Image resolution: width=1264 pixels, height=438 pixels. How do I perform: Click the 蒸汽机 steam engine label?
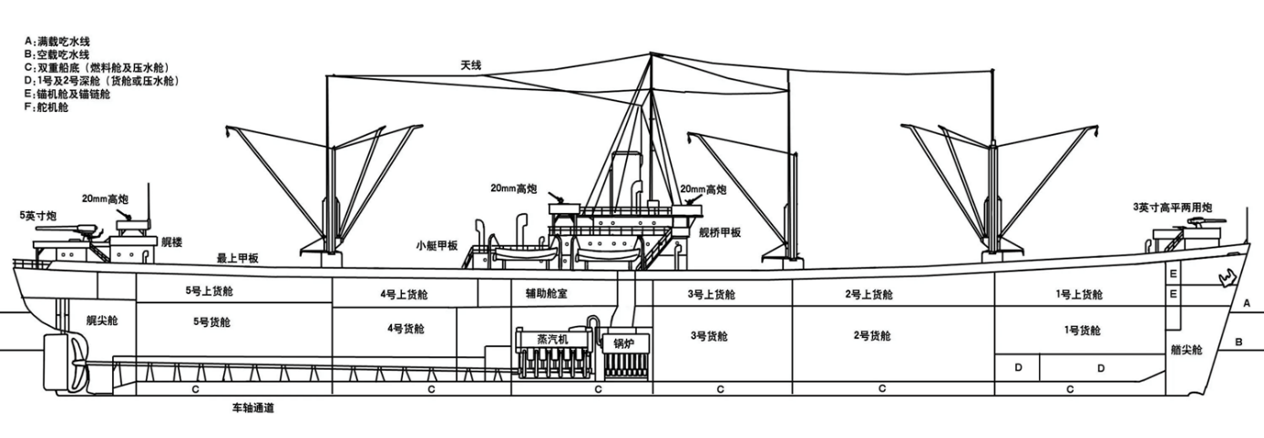[x=552, y=340]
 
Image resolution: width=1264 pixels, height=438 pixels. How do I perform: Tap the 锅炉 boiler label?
[x=624, y=343]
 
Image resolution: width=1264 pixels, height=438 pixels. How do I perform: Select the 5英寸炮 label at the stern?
[x=37, y=216]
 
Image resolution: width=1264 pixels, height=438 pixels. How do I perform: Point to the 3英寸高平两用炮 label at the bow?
[x=1172, y=208]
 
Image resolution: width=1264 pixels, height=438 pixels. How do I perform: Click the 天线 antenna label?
[x=470, y=66]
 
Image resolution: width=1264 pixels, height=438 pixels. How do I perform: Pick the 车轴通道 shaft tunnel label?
[x=252, y=408]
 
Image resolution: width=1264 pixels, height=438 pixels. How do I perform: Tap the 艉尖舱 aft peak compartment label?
[x=102, y=321]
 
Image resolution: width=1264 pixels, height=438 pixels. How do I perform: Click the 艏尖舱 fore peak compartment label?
[x=1187, y=350]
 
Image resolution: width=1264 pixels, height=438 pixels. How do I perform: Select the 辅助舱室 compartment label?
[x=546, y=294]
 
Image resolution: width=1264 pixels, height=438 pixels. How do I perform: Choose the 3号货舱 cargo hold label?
[x=709, y=337]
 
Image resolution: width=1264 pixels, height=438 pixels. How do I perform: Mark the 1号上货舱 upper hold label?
[x=1079, y=294]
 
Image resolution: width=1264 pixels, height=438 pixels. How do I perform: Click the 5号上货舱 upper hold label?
[x=210, y=290]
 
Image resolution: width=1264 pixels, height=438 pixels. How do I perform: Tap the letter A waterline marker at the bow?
[x=1247, y=303]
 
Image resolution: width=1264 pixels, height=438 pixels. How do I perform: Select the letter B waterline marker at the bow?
[x=1239, y=341]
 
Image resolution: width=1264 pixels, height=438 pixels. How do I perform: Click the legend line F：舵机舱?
[x=46, y=107]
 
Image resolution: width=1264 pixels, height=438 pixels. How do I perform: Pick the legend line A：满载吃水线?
[x=57, y=42]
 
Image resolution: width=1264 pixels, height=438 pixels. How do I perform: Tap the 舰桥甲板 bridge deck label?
[x=720, y=232]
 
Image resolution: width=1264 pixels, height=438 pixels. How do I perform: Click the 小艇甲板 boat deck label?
[x=437, y=246]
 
